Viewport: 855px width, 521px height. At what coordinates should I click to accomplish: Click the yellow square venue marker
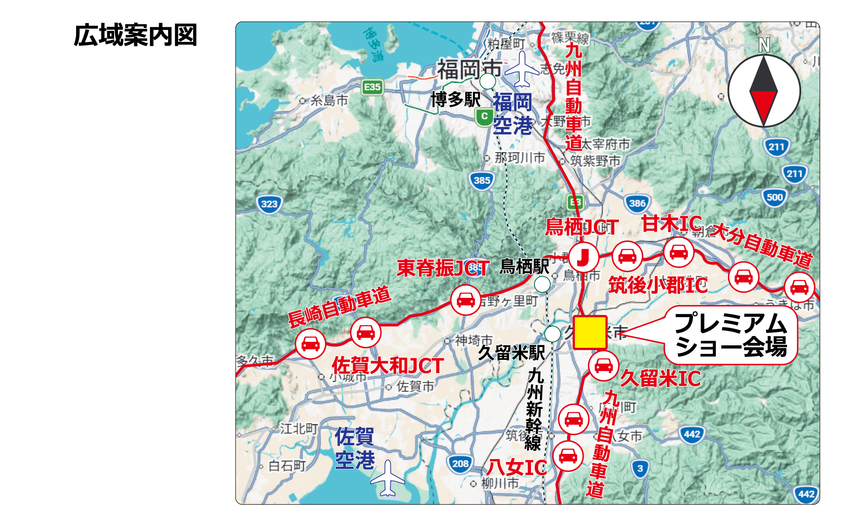pos(590,332)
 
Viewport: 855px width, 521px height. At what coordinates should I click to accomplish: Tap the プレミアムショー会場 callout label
pos(731,335)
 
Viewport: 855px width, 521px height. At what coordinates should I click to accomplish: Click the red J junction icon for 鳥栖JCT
pos(584,257)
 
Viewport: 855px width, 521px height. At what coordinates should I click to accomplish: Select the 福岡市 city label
pos(469,69)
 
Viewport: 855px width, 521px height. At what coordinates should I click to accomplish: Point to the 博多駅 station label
pos(455,100)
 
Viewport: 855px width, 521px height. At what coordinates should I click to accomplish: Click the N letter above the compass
pos(764,45)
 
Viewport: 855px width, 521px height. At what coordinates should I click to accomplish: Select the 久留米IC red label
pos(660,379)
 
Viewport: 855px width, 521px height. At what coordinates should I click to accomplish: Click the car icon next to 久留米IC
pos(603,365)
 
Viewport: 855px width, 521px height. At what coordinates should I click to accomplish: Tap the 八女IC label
pos(517,468)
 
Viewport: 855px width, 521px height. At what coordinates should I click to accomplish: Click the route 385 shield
pos(482,180)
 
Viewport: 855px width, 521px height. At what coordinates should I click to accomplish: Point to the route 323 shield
pos(269,204)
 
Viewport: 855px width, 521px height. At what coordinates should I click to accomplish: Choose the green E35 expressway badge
pos(372,87)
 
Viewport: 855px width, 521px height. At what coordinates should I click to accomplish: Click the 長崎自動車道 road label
pos(339,306)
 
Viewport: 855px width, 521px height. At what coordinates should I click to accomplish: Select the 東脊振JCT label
pos(443,268)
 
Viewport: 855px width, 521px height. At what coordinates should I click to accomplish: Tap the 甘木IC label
pos(671,224)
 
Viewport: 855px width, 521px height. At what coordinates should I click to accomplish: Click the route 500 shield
pos(774,197)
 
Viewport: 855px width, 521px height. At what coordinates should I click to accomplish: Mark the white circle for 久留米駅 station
pos(552,333)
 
